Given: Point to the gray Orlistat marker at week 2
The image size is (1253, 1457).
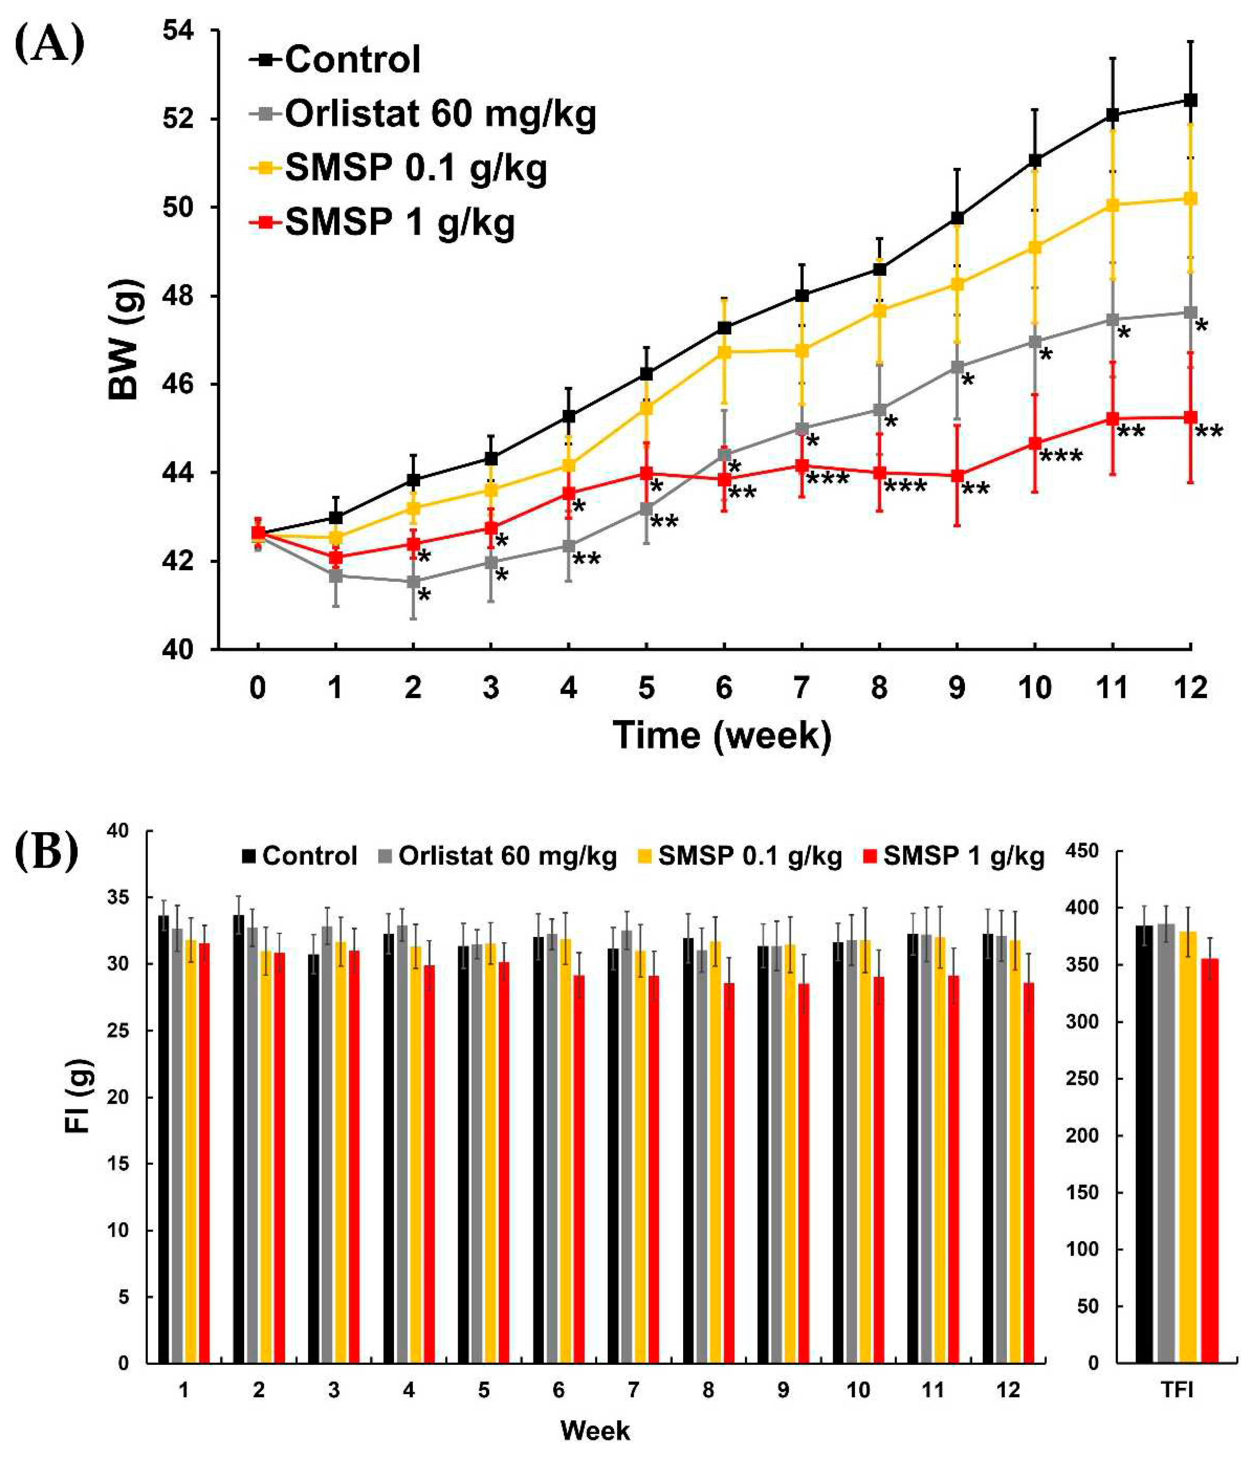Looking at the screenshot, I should point(414,581).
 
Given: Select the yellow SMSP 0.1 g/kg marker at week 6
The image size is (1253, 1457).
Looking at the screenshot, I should point(724,352).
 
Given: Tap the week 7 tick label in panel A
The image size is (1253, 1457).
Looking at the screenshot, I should point(801,687).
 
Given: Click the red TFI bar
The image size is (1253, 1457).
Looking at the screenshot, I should point(1209,1160).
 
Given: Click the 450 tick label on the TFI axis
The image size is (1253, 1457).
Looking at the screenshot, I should point(1082,851).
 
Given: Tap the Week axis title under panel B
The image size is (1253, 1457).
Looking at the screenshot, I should point(595,1430).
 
